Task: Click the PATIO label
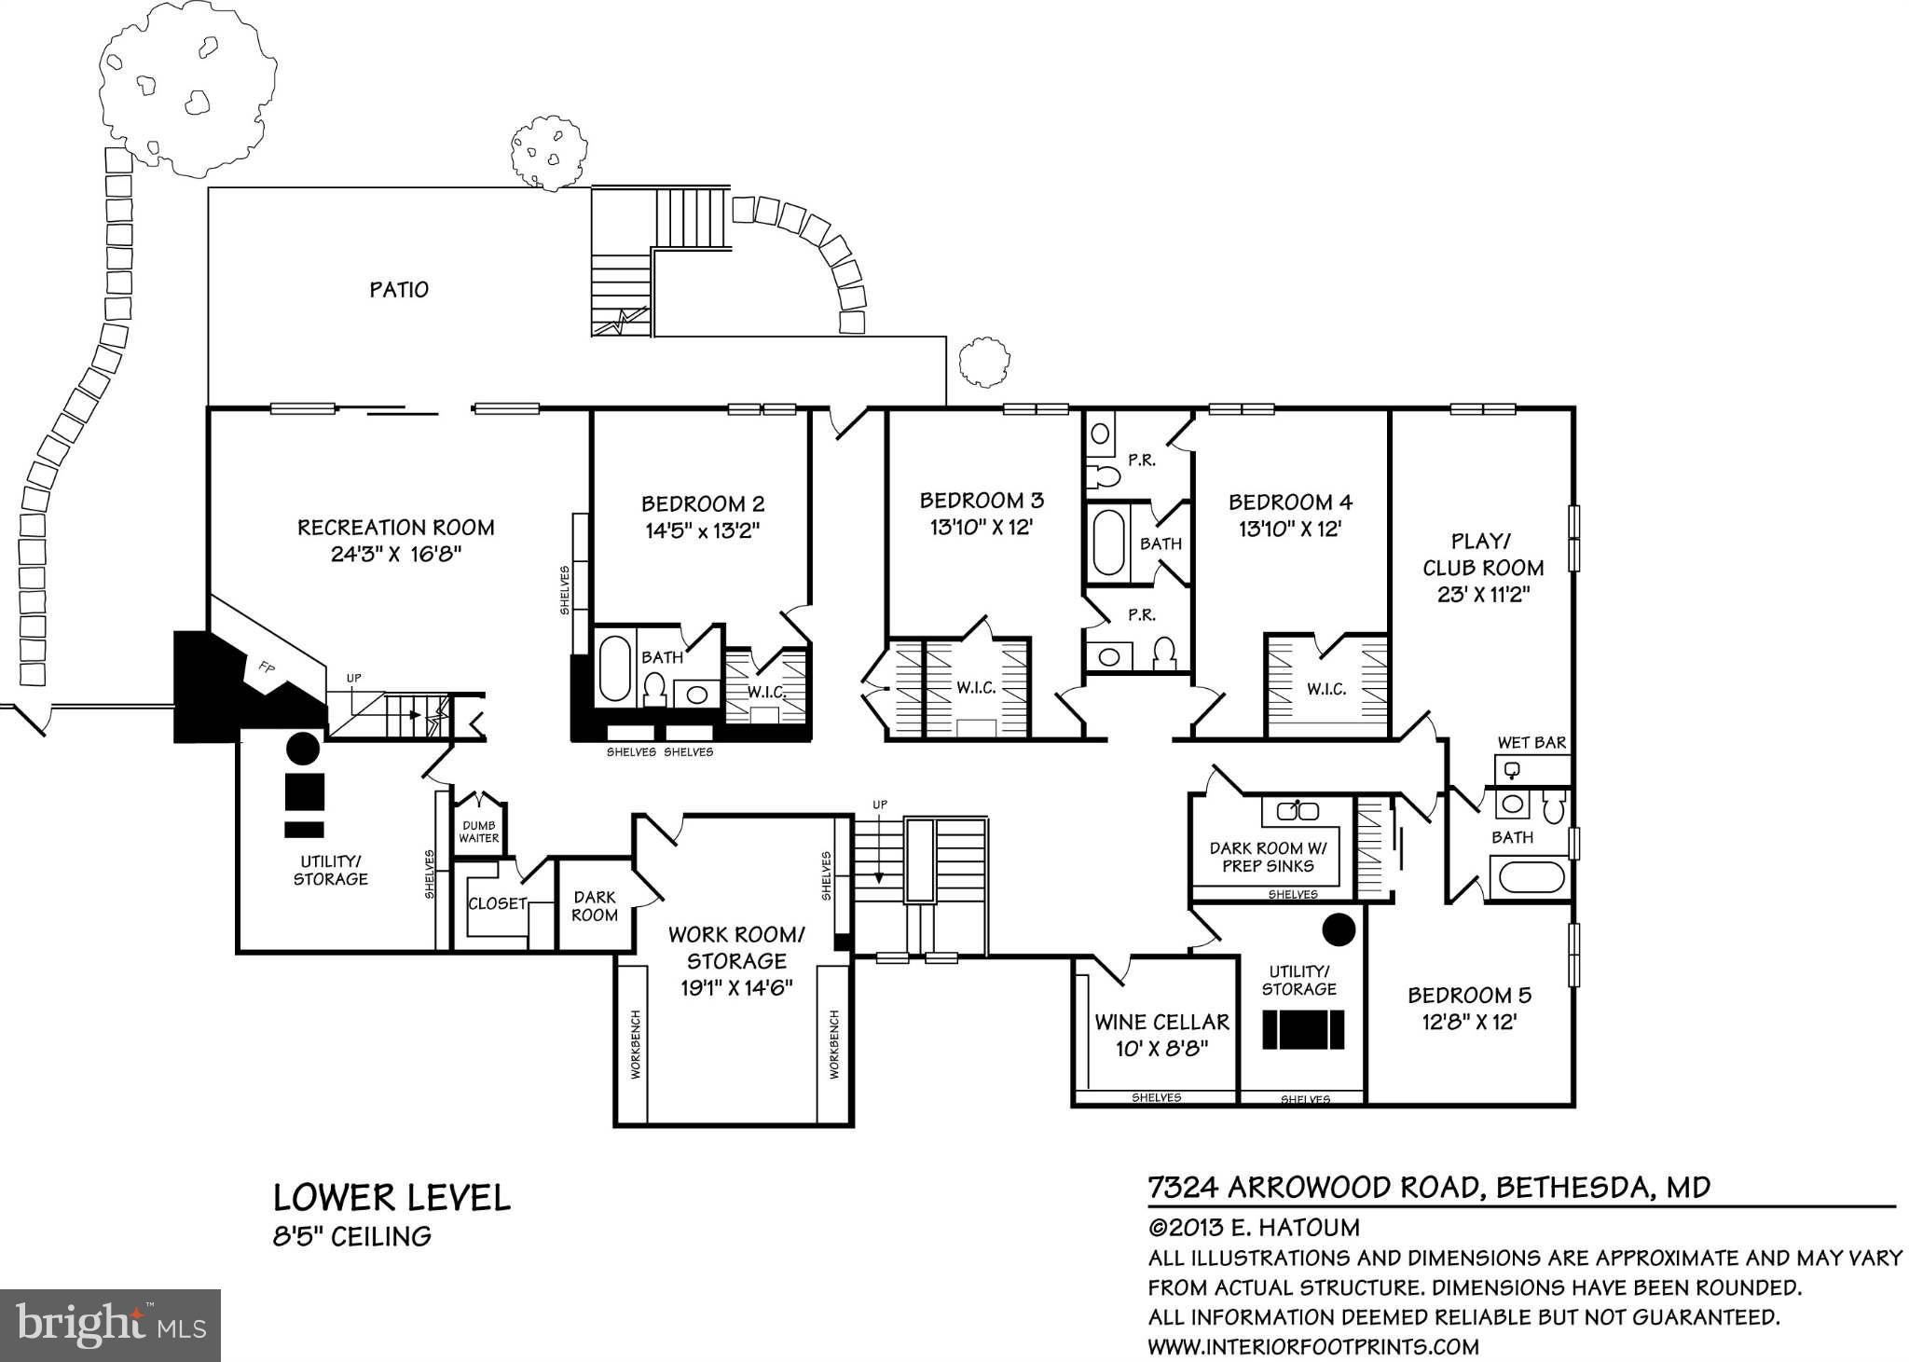click(399, 290)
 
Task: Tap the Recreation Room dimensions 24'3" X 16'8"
click(396, 555)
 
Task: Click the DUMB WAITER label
click(479, 832)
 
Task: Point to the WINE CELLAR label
click(1162, 1023)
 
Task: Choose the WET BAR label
click(1531, 743)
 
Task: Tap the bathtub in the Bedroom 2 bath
click(614, 668)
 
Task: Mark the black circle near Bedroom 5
click(1339, 929)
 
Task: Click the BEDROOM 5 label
click(1470, 996)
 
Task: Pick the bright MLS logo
click(110, 1326)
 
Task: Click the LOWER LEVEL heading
click(391, 1198)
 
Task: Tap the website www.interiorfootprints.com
click(1313, 1346)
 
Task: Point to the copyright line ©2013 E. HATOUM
click(1254, 1228)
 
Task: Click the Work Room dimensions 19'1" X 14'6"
click(736, 987)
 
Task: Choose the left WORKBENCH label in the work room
click(636, 1044)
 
